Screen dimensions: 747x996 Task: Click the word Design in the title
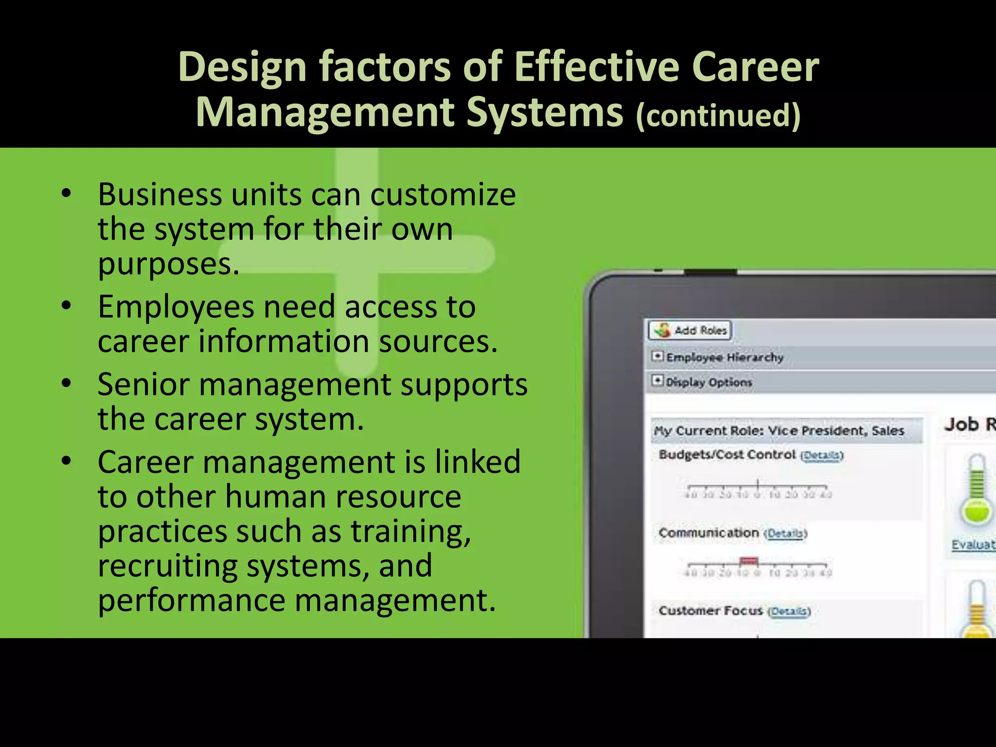242,67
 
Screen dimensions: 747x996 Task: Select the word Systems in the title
545,112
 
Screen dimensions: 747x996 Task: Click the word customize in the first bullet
443,195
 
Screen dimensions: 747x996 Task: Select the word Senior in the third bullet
143,384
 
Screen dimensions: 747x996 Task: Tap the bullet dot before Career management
67,461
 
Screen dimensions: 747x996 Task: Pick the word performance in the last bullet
192,600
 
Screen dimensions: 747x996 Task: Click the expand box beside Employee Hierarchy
657,356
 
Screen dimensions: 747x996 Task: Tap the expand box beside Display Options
657,380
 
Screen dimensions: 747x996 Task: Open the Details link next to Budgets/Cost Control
821,456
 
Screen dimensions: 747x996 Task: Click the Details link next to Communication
785,534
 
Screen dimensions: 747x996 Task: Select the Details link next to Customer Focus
789,611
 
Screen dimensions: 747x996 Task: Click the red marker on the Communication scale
748,561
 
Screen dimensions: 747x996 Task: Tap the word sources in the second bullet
438,341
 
